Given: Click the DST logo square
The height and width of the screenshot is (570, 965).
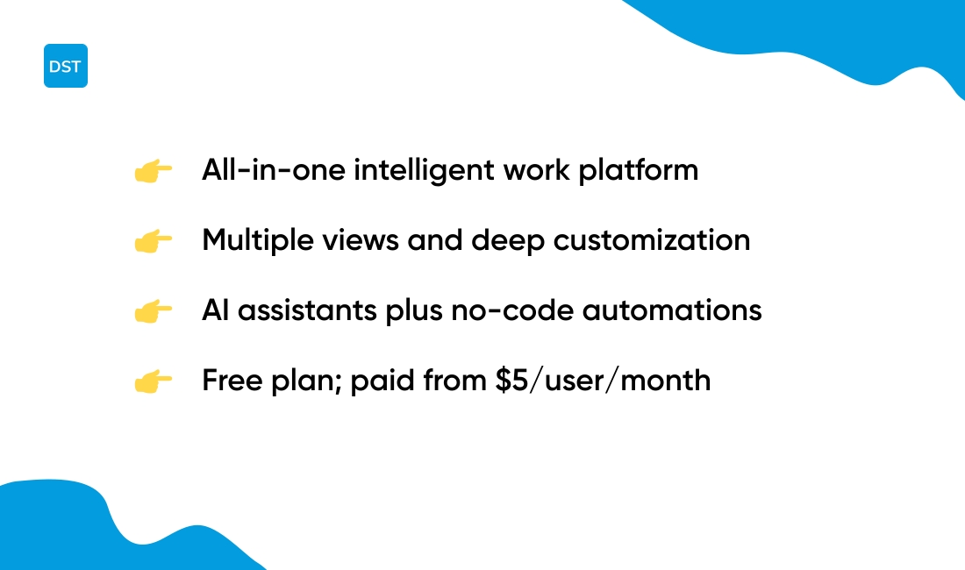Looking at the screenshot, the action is [66, 66].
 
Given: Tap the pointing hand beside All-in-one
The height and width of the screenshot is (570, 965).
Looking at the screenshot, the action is [154, 171].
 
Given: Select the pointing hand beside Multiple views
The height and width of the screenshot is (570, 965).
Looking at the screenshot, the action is [154, 241].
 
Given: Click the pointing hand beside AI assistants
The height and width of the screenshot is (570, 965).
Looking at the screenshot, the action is [154, 311].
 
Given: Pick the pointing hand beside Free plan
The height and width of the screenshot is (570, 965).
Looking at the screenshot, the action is [154, 381].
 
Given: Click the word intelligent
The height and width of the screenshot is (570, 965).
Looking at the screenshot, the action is [424, 170].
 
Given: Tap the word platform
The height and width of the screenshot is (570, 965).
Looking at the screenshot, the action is [638, 170].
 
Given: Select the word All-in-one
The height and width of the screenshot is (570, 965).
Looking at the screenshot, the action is [273, 170].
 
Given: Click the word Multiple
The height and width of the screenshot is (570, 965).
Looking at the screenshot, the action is [258, 240].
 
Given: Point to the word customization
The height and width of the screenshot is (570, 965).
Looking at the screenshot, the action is [652, 240].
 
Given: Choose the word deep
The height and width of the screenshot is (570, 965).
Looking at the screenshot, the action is [508, 240].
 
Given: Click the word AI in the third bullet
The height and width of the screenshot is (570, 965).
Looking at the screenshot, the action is [216, 310].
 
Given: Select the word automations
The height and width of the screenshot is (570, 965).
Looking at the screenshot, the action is [672, 310].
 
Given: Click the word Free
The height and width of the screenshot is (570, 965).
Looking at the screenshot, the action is [232, 380].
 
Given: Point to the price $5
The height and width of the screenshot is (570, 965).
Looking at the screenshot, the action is [512, 380].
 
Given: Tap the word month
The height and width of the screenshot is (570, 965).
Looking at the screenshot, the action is [666, 380].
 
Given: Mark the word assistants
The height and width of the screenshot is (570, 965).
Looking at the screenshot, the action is [307, 310].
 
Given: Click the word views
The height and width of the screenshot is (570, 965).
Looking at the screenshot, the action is [361, 240].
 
